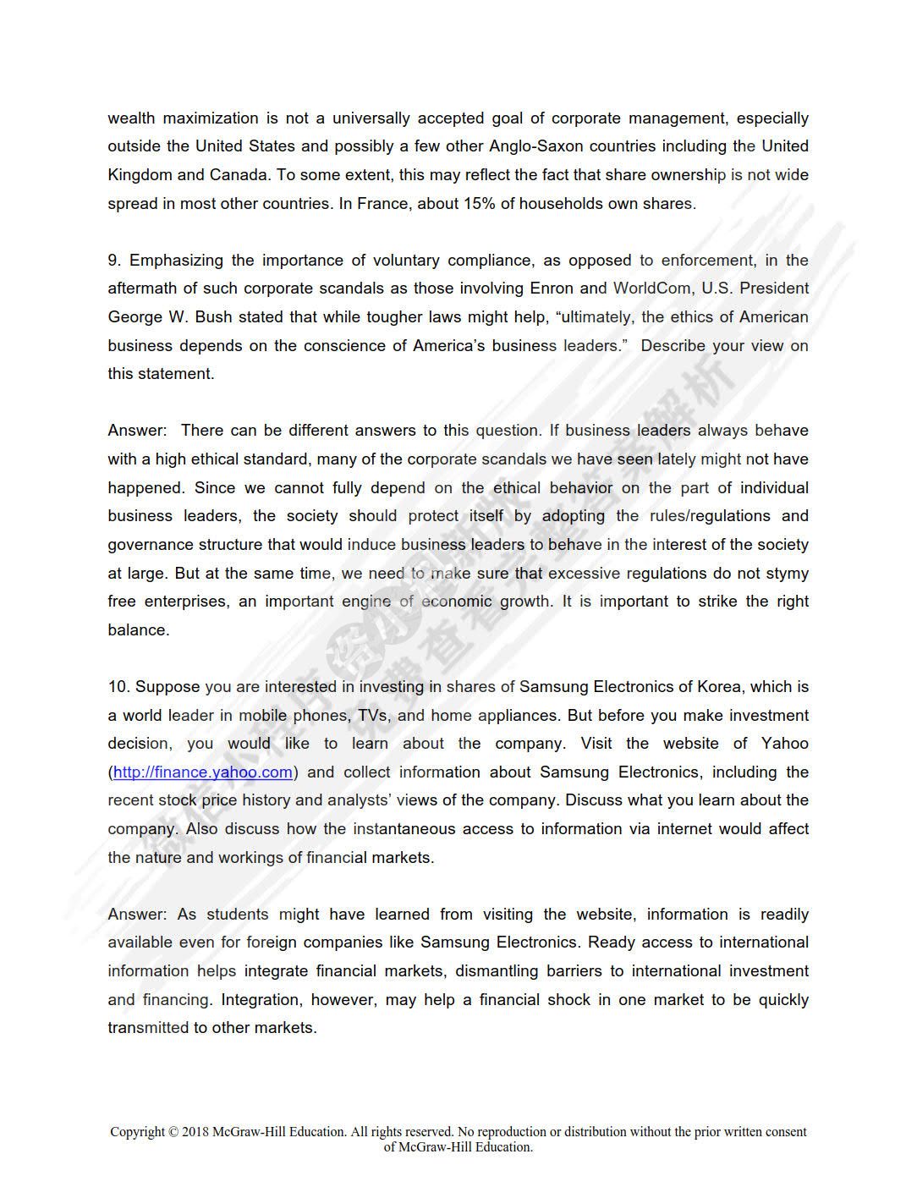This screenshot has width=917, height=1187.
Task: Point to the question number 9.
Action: pyautogui.click(x=113, y=261)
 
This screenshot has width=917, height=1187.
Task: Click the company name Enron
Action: pyautogui.click(x=552, y=289)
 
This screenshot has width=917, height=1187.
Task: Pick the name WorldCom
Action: pyautogui.click(x=652, y=289)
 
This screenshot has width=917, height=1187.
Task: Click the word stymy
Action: pyautogui.click(x=788, y=574)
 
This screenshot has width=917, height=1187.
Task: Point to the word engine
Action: pyautogui.click(x=366, y=602)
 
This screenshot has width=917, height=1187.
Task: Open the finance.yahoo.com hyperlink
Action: pyautogui.click(x=203, y=772)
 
